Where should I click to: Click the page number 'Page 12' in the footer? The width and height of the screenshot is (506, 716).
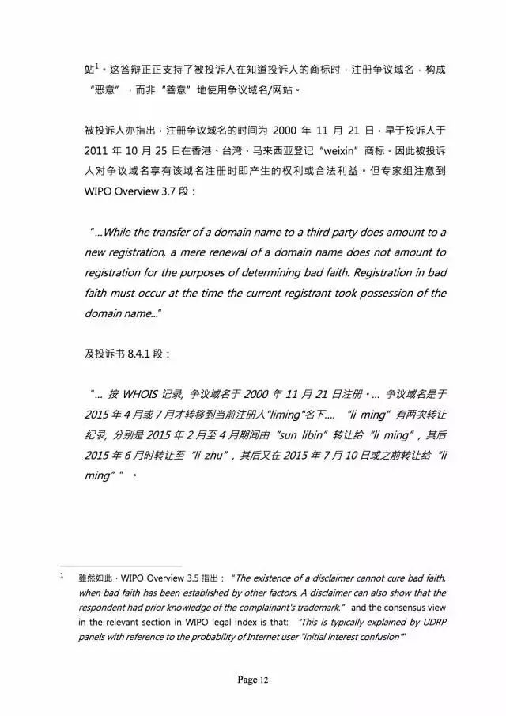(x=253, y=680)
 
